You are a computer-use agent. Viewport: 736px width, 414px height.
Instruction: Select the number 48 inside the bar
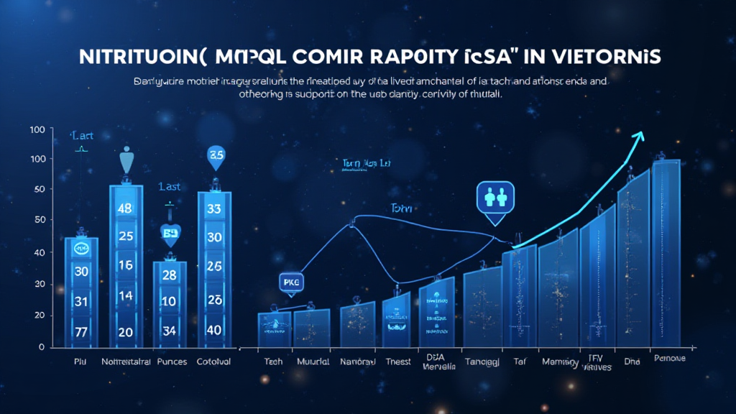click(126, 209)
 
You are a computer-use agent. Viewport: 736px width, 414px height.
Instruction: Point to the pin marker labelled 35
click(216, 155)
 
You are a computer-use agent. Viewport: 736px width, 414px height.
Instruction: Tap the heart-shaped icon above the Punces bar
click(170, 232)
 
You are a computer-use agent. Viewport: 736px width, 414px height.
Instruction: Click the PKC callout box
click(290, 283)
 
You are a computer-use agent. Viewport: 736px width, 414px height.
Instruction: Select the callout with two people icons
click(497, 197)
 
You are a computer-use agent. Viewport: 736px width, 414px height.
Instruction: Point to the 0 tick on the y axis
click(42, 347)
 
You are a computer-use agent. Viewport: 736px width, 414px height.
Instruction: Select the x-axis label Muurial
click(312, 362)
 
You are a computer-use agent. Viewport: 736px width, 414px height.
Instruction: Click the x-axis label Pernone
click(668, 358)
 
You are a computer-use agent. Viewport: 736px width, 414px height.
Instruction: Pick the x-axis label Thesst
click(397, 362)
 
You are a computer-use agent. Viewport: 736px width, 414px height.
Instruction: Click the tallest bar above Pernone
click(666, 252)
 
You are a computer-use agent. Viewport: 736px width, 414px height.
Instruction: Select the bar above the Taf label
click(519, 295)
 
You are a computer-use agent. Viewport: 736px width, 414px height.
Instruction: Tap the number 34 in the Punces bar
click(170, 331)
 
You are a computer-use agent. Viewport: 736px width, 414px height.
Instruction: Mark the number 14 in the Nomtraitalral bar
click(126, 295)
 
